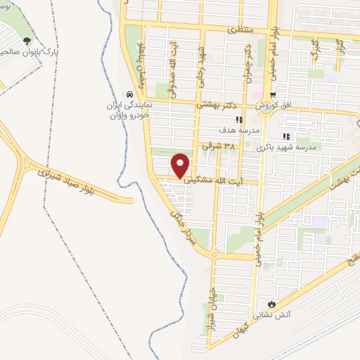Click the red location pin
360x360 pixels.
[x=181, y=165]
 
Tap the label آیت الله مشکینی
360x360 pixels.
[x=214, y=181]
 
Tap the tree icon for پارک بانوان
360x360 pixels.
[x=27, y=40]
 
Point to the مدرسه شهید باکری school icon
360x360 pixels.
[x=285, y=136]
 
